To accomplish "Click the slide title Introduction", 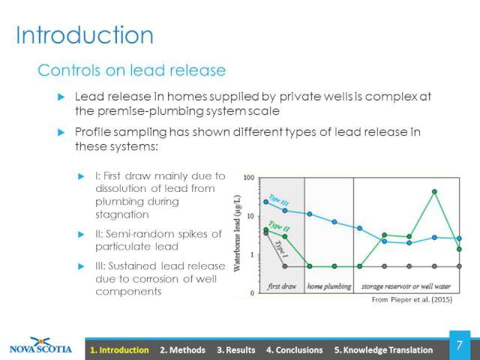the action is [85, 35].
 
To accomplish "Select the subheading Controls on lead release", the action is [132, 70].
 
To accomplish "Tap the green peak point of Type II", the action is [434, 192].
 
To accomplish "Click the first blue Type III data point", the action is [265, 202].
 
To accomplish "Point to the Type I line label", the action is [281, 249].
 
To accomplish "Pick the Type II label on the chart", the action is [280, 226].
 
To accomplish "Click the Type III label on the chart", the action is [278, 199].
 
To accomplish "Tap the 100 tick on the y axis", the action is [249, 178].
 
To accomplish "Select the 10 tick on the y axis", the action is [250, 217].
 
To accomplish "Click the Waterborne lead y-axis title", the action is [237, 233].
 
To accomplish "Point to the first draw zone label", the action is [282, 286].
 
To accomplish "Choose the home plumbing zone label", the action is [329, 286].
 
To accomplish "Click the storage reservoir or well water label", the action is [406, 286].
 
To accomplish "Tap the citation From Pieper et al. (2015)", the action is [412, 299].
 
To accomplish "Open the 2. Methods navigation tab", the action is [182, 350].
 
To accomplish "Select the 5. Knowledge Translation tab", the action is [383, 350].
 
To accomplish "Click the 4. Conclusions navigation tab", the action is [295, 350].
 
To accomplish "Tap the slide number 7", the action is [460, 345].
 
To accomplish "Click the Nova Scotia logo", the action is [40, 346].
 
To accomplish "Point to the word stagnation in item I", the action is [122, 215].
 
